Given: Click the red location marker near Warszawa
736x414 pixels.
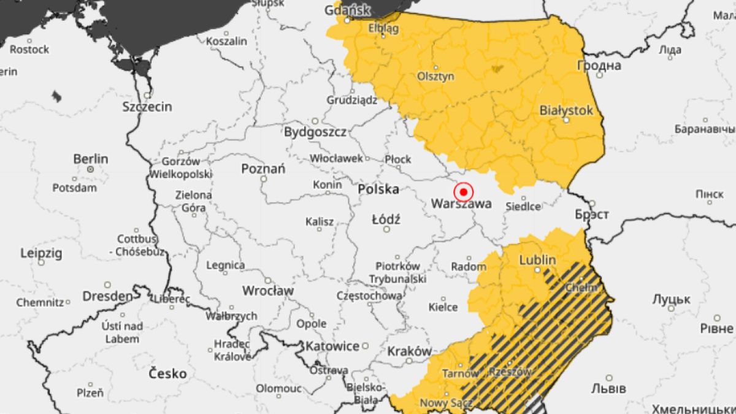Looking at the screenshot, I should pos(464,192).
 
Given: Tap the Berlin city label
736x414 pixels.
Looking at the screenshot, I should pos(91,159).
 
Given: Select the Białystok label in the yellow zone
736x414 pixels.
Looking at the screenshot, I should pos(566,110).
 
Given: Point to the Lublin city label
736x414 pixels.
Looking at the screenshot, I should pos(537,260).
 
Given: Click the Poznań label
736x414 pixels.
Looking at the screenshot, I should pos(263,169).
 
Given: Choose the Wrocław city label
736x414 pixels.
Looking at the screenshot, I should pos(267,290).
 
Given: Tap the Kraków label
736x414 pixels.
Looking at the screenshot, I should pos(409,351).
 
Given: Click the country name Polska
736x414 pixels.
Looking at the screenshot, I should pos(378,189).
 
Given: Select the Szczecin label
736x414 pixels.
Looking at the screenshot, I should pos(147,107).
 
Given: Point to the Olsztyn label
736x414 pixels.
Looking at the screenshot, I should pos(436,77).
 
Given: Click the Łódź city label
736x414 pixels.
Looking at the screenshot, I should pos(386,219).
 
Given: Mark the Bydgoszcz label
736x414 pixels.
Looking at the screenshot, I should pos(315,132).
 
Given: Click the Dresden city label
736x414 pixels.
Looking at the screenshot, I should pos(107,296).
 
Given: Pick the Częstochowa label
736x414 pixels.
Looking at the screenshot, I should pos(369,296).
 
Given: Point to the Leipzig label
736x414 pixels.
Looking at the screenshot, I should pos(42,253).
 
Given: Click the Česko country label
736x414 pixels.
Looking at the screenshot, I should pos(167,373).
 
